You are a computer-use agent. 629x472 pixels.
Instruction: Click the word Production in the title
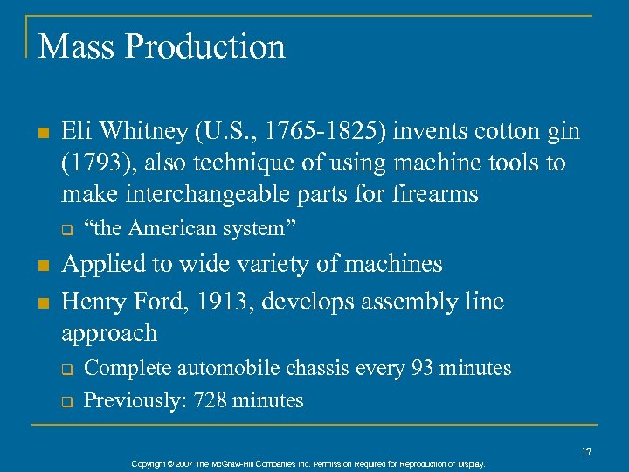click(205, 46)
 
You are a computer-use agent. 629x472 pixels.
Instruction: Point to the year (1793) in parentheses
click(95, 163)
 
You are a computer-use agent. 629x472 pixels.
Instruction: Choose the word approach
click(109, 333)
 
